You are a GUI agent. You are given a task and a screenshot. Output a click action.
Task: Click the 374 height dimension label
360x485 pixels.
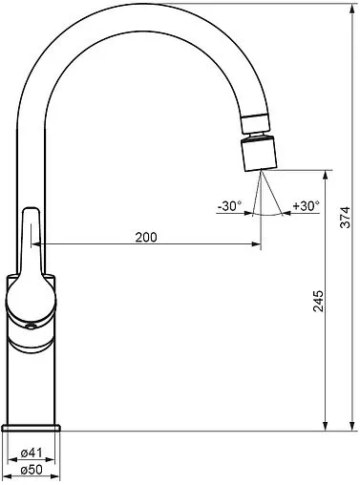click(x=345, y=218)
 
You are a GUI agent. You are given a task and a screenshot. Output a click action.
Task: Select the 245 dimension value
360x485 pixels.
click(x=318, y=301)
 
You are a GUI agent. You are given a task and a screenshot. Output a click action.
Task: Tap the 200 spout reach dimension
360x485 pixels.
click(x=146, y=237)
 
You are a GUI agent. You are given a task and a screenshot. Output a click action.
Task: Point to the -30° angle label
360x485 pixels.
click(x=229, y=206)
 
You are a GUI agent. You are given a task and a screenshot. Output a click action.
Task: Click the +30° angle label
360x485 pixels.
click(x=307, y=206)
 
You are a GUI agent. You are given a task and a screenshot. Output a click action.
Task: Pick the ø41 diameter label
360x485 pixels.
click(x=32, y=453)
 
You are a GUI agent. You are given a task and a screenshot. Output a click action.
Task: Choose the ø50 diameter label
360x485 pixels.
click(x=32, y=470)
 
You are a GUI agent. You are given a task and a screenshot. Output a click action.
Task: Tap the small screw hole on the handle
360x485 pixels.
click(x=31, y=326)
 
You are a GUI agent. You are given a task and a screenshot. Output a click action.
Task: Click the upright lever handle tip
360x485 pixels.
click(x=32, y=211)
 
